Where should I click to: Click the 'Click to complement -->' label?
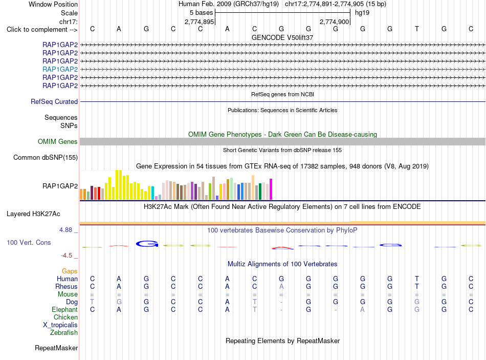coord(42,30)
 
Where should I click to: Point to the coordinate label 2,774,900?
coord(335,22)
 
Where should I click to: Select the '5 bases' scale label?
coord(202,13)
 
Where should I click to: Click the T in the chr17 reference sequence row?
coord(417,29)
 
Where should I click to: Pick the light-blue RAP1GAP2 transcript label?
coord(60,69)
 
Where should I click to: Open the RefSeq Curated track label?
coord(54,101)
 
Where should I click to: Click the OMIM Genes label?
coord(58,141)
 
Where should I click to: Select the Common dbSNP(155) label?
coord(46,157)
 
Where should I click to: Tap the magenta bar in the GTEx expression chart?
coord(271,189)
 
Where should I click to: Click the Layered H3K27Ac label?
coord(33,214)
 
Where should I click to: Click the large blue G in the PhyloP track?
coord(147,244)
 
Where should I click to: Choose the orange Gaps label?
coord(70,271)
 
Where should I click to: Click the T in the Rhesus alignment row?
coord(417,286)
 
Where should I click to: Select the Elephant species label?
coord(65,309)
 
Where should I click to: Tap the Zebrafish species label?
coord(64,332)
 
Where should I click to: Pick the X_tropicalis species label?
coord(60,325)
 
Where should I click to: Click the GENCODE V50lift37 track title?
coord(282,37)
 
